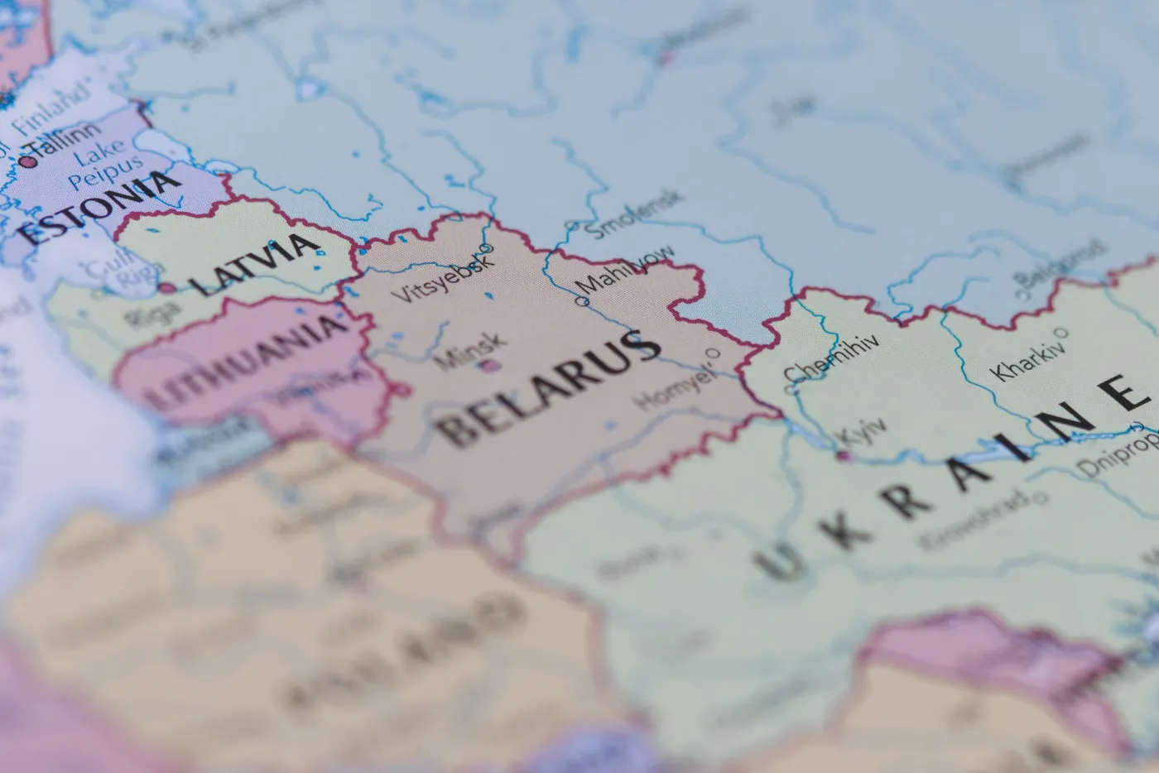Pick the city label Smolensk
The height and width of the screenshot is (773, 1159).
point(633,214)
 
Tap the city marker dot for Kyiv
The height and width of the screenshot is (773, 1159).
point(843,455)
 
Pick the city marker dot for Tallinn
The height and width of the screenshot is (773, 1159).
point(28,162)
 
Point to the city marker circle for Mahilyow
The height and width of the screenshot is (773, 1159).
point(582,302)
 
